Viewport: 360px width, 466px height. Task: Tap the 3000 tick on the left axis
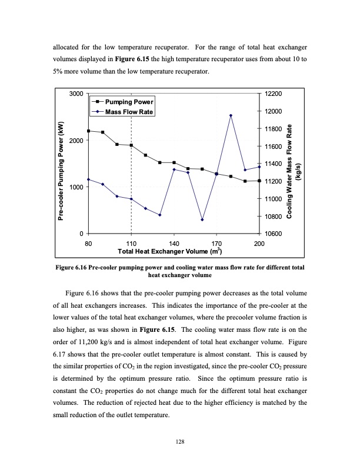pos(76,94)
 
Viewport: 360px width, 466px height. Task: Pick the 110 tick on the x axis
pos(131,243)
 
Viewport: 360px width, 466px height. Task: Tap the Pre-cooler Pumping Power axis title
pos(61,171)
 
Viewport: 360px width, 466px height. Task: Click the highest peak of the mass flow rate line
pos(231,115)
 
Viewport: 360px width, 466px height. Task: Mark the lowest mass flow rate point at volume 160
pos(202,219)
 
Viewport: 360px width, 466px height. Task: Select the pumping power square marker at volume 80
pos(88,131)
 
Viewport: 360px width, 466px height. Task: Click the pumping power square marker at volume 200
pos(259,181)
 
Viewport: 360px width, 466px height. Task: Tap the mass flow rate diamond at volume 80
pos(88,179)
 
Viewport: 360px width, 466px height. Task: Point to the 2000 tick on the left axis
pos(76,141)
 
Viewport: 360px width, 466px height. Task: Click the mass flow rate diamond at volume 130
pos(159,215)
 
